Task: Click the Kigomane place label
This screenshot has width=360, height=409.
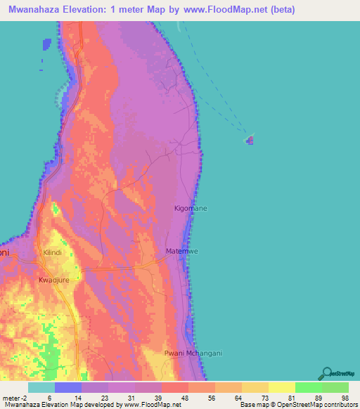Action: point(190,209)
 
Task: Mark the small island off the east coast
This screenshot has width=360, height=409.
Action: point(250,140)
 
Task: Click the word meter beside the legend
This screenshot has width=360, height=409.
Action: point(11,397)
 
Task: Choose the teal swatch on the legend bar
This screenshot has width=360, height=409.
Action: point(41,387)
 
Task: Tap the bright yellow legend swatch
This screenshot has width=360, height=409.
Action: point(281,387)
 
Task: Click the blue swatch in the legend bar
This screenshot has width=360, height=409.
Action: point(68,387)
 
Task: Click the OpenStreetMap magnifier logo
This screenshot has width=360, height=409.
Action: point(328,373)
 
